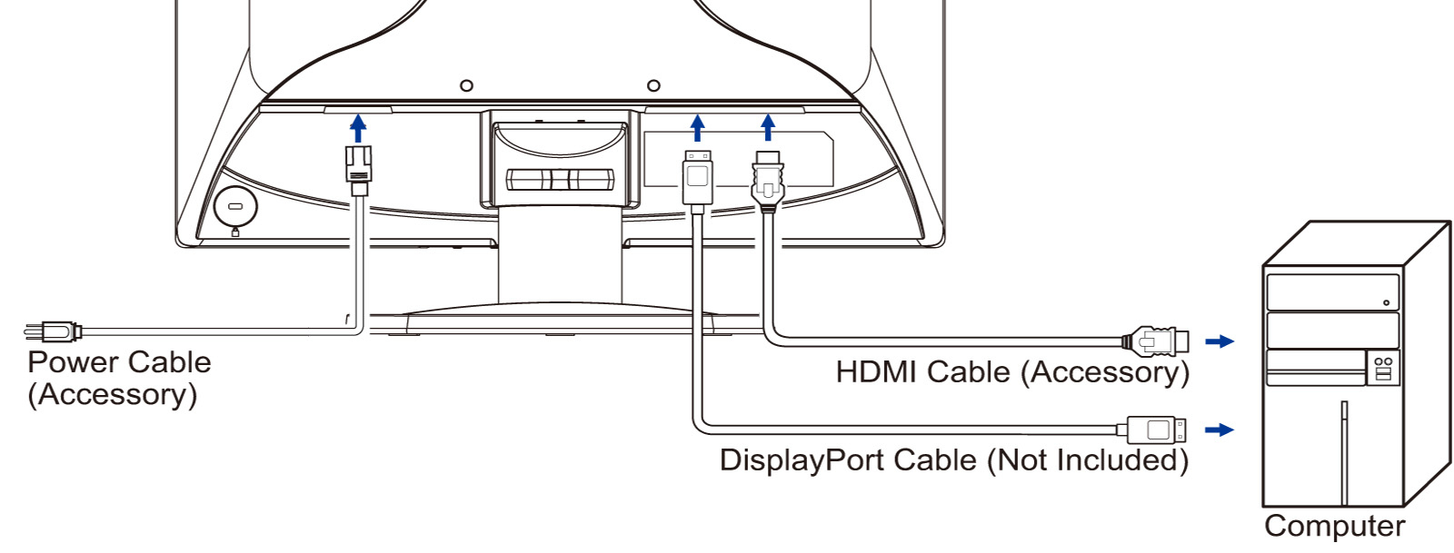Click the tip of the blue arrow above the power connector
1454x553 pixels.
[x=358, y=115]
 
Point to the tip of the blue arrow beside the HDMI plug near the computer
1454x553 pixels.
[x=1234, y=341]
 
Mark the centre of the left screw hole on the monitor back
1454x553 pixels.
[x=466, y=85]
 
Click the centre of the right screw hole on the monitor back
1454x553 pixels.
[x=654, y=85]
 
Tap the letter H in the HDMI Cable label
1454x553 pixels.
[x=847, y=372]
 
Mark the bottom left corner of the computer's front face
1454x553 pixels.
[x=1263, y=507]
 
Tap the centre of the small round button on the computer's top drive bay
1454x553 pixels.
[x=1386, y=302]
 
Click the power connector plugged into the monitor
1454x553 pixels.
[x=358, y=170]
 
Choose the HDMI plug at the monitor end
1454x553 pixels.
[x=768, y=183]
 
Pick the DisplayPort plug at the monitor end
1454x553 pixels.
[x=698, y=182]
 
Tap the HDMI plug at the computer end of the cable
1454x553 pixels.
[x=1156, y=341]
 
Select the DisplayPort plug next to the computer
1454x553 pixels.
[x=1151, y=430]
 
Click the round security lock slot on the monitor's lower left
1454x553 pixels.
[x=235, y=207]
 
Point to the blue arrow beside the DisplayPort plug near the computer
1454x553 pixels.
[x=1220, y=430]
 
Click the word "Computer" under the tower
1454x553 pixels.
[x=1335, y=526]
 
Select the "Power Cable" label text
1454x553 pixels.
[x=119, y=362]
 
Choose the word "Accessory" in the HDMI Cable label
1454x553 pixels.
[x=1106, y=373]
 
